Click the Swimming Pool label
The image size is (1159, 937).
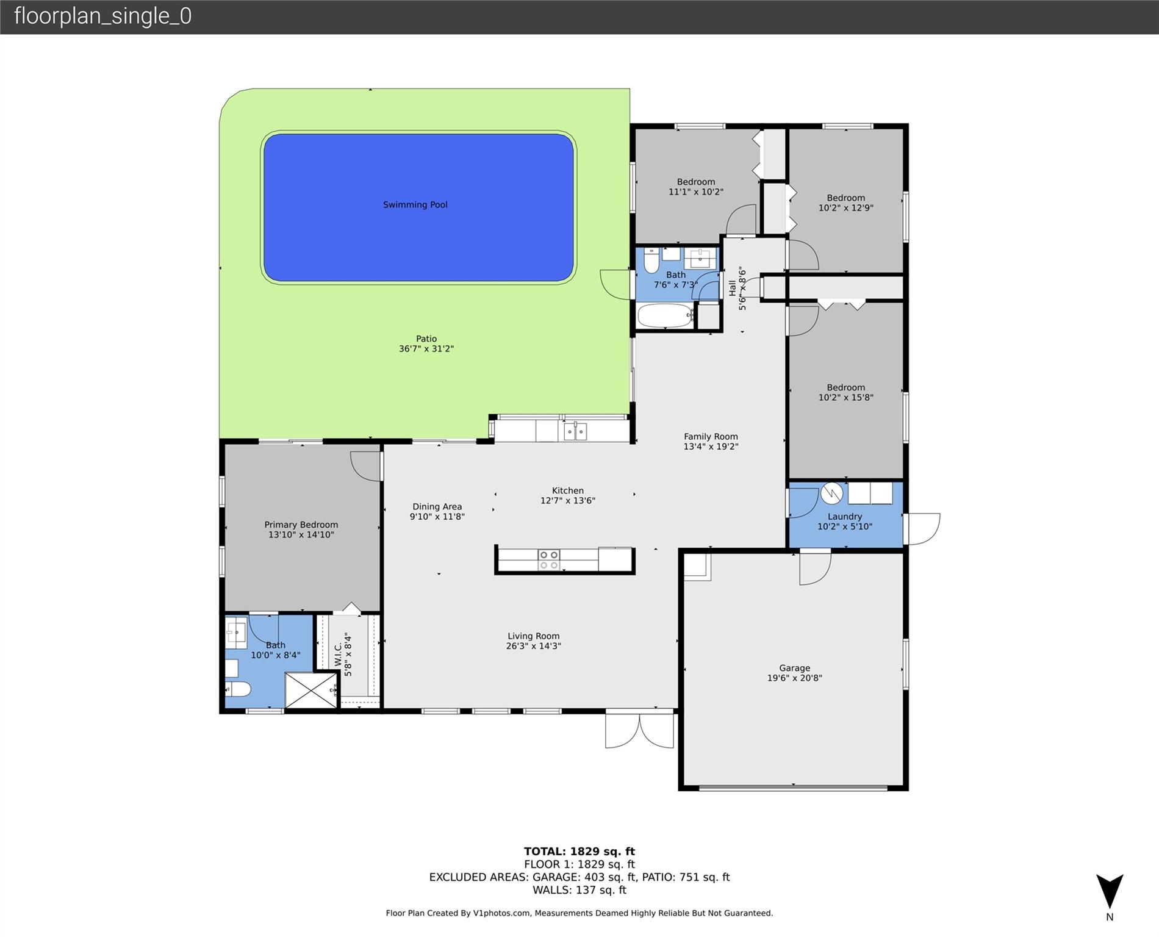415,205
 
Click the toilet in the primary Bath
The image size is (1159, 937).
238,689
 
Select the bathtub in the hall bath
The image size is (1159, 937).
664,315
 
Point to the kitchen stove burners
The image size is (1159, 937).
548,560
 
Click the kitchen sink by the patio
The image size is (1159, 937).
575,431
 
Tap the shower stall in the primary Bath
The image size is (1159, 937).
311,690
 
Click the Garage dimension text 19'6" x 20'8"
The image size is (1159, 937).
794,678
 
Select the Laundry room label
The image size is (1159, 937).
845,517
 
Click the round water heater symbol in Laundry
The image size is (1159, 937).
831,493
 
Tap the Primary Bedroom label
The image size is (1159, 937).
301,525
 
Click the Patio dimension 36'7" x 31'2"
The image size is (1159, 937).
426,349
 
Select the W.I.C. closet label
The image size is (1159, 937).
338,653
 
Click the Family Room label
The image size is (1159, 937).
711,436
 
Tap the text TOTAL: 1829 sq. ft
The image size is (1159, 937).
579,852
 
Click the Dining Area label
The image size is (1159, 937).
437,506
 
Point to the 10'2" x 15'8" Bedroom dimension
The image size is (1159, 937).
845,397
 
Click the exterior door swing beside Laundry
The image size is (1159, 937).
922,528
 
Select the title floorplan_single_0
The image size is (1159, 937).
102,16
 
